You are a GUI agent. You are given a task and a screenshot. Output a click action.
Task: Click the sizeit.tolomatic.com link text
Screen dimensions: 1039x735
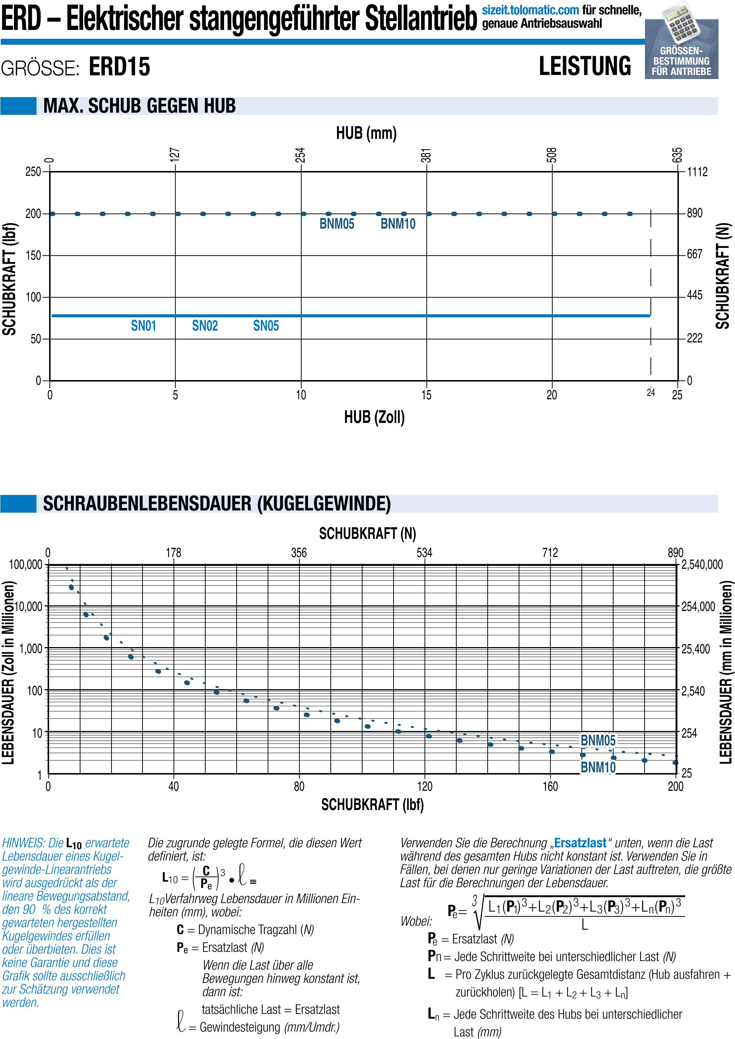pos(530,10)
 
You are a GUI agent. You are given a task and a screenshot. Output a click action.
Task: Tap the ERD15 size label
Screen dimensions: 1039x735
pos(120,66)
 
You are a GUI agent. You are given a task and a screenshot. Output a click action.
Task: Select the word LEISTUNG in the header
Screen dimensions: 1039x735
pos(584,66)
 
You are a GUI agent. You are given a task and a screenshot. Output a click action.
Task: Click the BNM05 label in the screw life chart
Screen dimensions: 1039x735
pos(598,740)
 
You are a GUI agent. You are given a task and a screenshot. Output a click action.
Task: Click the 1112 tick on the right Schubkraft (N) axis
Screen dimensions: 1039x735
pos(697,172)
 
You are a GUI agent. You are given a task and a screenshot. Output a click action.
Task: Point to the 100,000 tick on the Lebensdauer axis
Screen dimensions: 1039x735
pos(26,564)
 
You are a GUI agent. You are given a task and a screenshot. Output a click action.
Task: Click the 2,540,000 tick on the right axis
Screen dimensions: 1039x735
pos(702,564)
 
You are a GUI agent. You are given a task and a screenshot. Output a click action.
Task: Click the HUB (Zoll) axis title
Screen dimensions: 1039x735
pos(374,417)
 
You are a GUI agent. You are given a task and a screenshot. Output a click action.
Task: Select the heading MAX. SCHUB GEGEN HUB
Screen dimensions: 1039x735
pos(140,106)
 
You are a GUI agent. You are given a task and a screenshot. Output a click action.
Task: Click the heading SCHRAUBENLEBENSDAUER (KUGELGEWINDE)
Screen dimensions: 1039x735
pos(217,503)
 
